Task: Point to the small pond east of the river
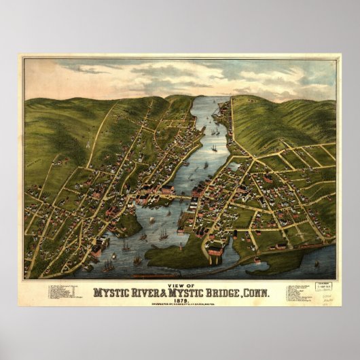point(236,165)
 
